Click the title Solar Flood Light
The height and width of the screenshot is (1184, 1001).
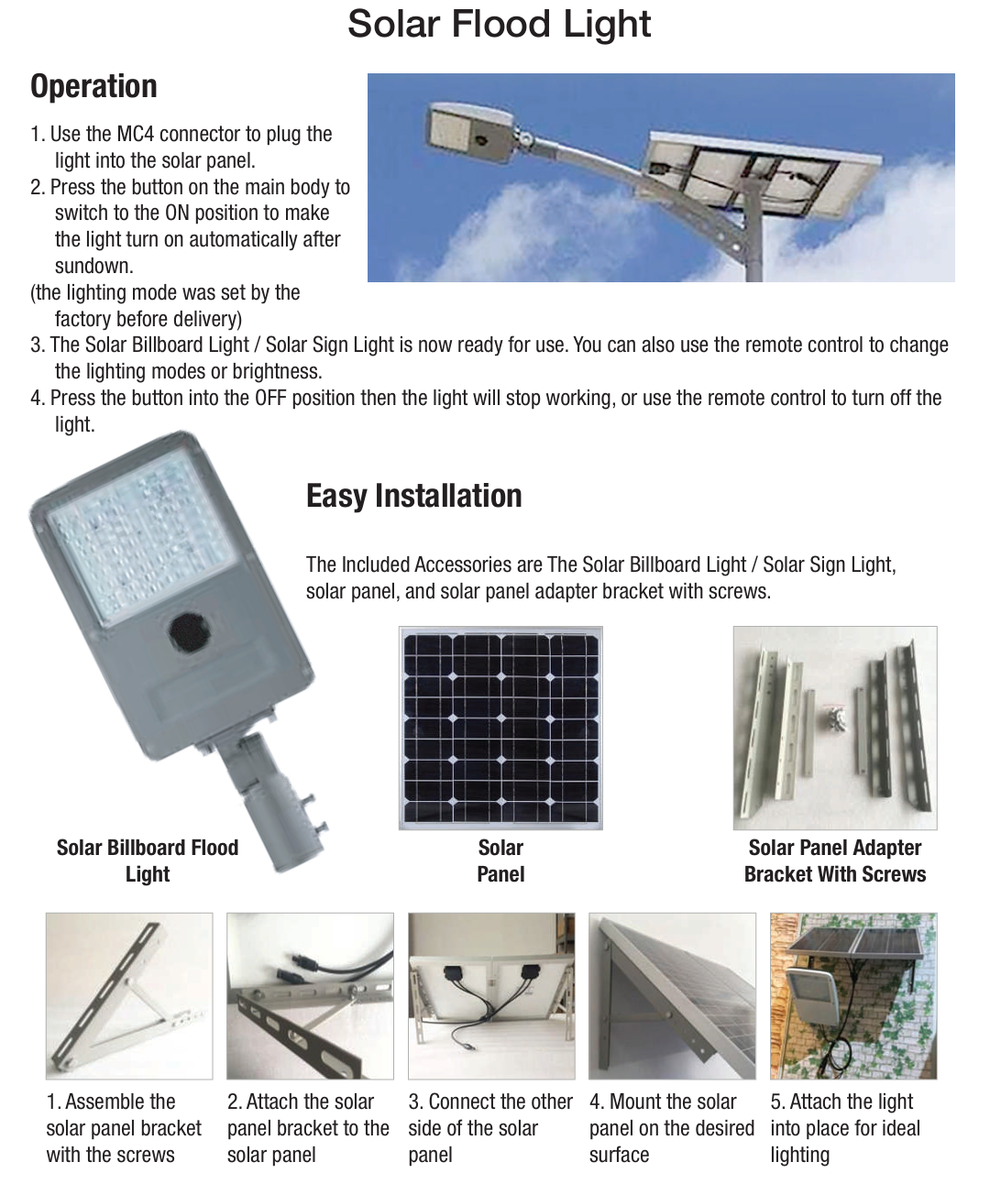(499, 25)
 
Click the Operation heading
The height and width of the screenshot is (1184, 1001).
(93, 86)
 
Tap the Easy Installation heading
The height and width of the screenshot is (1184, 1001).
(413, 496)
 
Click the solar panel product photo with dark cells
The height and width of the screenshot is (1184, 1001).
(500, 728)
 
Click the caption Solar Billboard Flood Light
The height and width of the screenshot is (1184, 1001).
(148, 861)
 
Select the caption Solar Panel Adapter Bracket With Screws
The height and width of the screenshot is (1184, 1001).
(834, 861)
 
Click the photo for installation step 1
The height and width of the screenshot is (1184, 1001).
(129, 995)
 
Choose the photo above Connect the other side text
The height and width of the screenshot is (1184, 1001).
(491, 995)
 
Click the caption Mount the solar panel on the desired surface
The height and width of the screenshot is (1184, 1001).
(671, 1128)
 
